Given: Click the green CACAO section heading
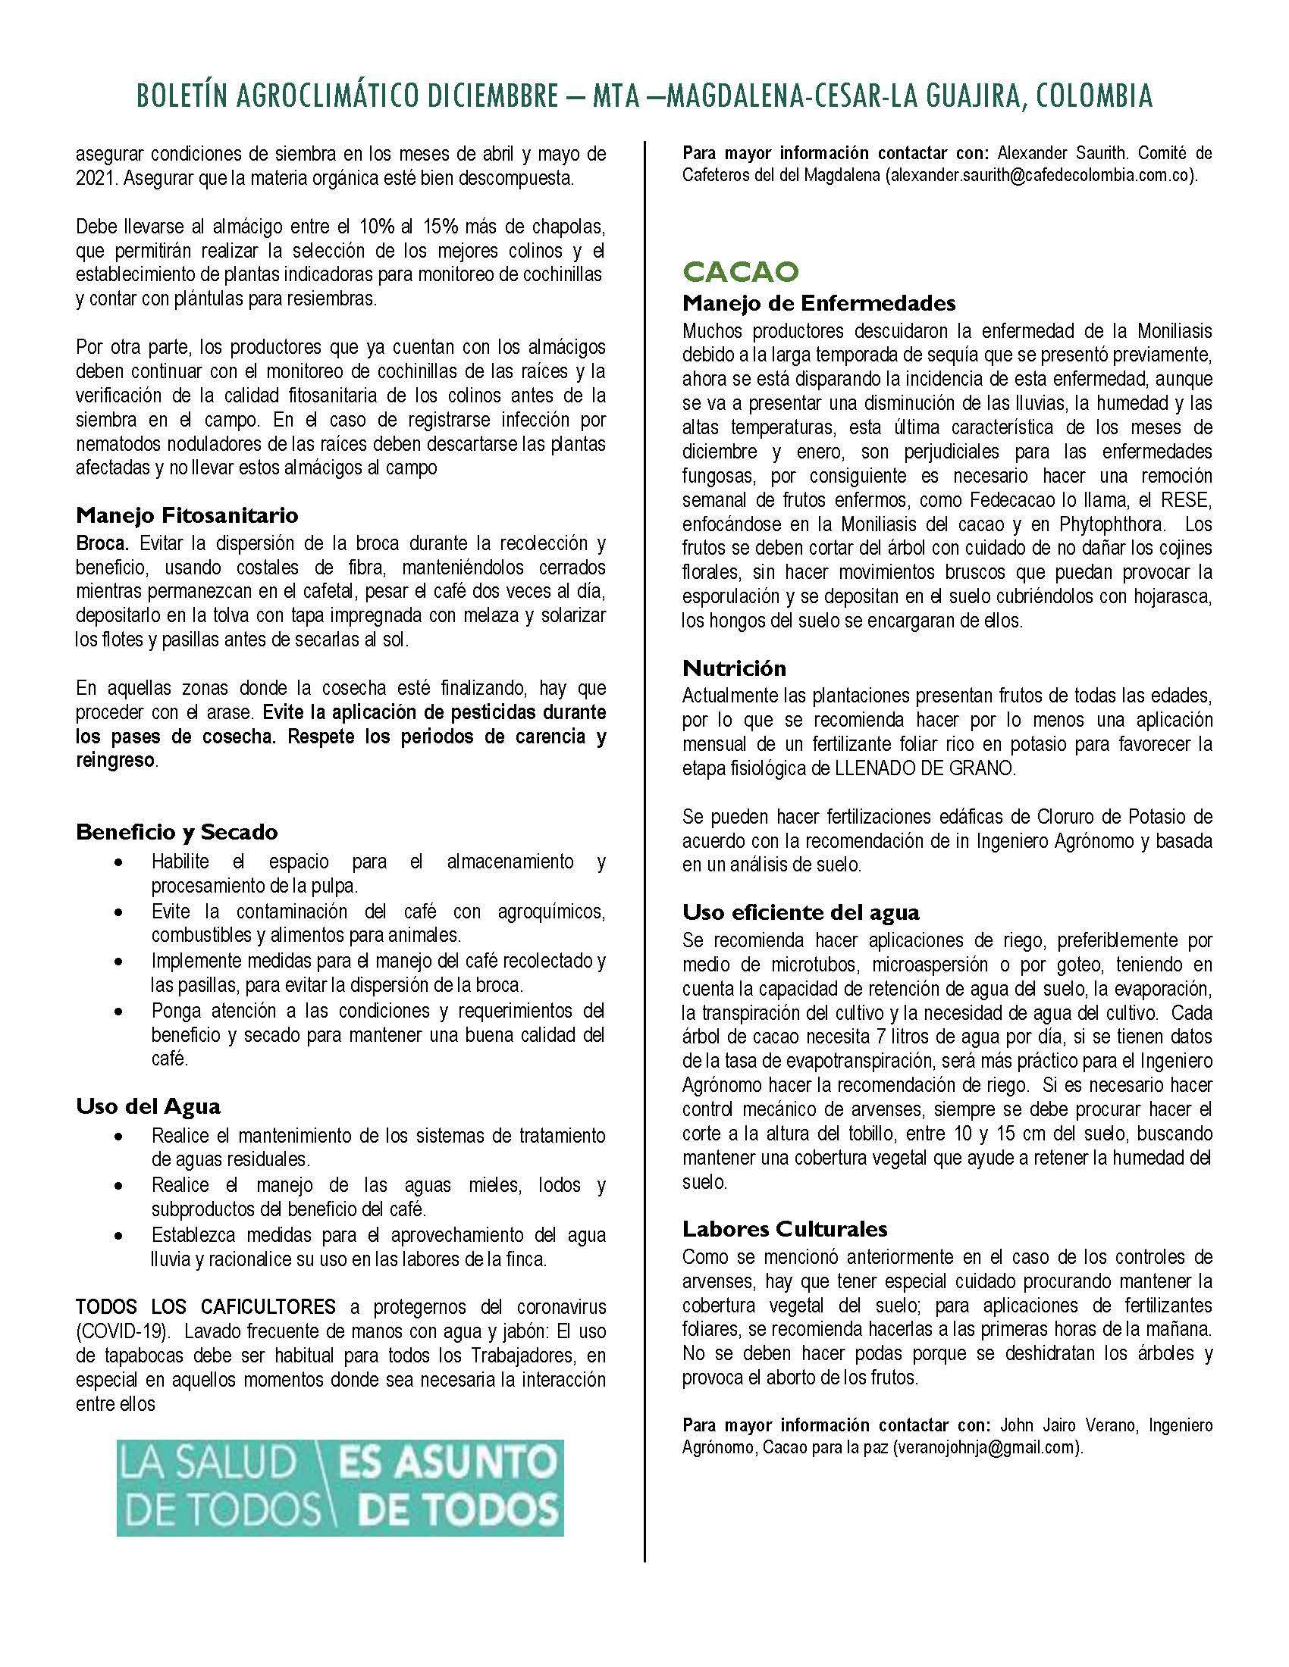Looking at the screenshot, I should pyautogui.click(x=740, y=271).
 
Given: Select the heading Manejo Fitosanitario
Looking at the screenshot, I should pyautogui.click(x=187, y=515).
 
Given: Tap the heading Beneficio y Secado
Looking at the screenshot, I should pyautogui.click(x=177, y=831).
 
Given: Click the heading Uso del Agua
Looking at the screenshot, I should pyautogui.click(x=148, y=1106).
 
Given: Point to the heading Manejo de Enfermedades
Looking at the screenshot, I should pyautogui.click(x=819, y=303).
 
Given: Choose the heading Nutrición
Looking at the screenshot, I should pyautogui.click(x=734, y=668).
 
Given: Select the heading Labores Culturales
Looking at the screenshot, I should pyautogui.click(x=785, y=1229).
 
